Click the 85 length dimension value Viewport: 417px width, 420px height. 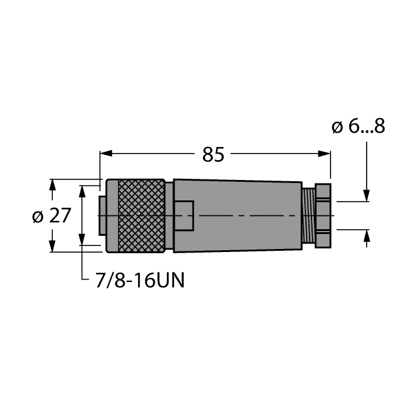[x=213, y=154]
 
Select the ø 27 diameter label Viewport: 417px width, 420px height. [x=52, y=215]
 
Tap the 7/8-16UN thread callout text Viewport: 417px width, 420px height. [x=140, y=280]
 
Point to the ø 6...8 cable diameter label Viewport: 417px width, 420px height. [x=358, y=127]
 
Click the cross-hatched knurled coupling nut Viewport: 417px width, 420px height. [x=142, y=215]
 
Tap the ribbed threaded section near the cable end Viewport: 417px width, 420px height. [x=308, y=215]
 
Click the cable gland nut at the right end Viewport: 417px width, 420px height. [x=323, y=215]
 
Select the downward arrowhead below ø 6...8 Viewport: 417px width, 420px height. [x=367, y=196]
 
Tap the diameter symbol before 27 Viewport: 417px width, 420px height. [x=37, y=215]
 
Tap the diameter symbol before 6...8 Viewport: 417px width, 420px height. [x=337, y=127]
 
